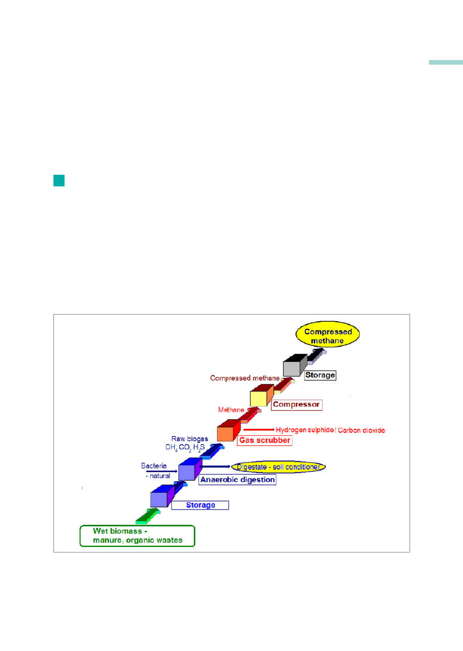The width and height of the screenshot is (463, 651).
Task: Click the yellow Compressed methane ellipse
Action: click(x=327, y=334)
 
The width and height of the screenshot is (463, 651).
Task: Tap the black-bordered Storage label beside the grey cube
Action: click(x=320, y=375)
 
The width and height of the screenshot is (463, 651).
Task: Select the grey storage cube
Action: click(x=295, y=365)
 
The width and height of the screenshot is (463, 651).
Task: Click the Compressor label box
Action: click(x=297, y=405)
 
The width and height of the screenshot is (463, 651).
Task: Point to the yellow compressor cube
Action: click(x=262, y=395)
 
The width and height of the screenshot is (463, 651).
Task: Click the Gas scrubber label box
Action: click(x=264, y=440)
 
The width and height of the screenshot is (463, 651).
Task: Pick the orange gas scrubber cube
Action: click(x=229, y=430)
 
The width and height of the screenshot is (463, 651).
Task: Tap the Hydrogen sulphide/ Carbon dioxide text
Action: click(x=330, y=430)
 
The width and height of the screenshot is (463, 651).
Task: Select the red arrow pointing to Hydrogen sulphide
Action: click(x=259, y=430)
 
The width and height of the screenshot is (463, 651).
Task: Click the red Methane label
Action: click(x=231, y=410)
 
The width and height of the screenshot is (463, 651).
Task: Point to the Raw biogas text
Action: click(x=190, y=439)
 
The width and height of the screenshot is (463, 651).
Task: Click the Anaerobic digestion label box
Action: click(x=238, y=479)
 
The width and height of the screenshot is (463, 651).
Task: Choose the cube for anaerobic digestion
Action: click(x=190, y=469)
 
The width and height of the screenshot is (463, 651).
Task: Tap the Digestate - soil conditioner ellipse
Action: click(x=278, y=467)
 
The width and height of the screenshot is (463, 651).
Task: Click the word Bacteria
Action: click(x=154, y=466)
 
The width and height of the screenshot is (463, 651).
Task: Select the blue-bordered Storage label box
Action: click(x=200, y=505)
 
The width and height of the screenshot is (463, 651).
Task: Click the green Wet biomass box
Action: click(x=137, y=536)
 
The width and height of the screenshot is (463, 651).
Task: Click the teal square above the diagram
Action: click(x=59, y=180)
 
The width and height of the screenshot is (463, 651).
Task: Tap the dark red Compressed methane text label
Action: click(x=245, y=378)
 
